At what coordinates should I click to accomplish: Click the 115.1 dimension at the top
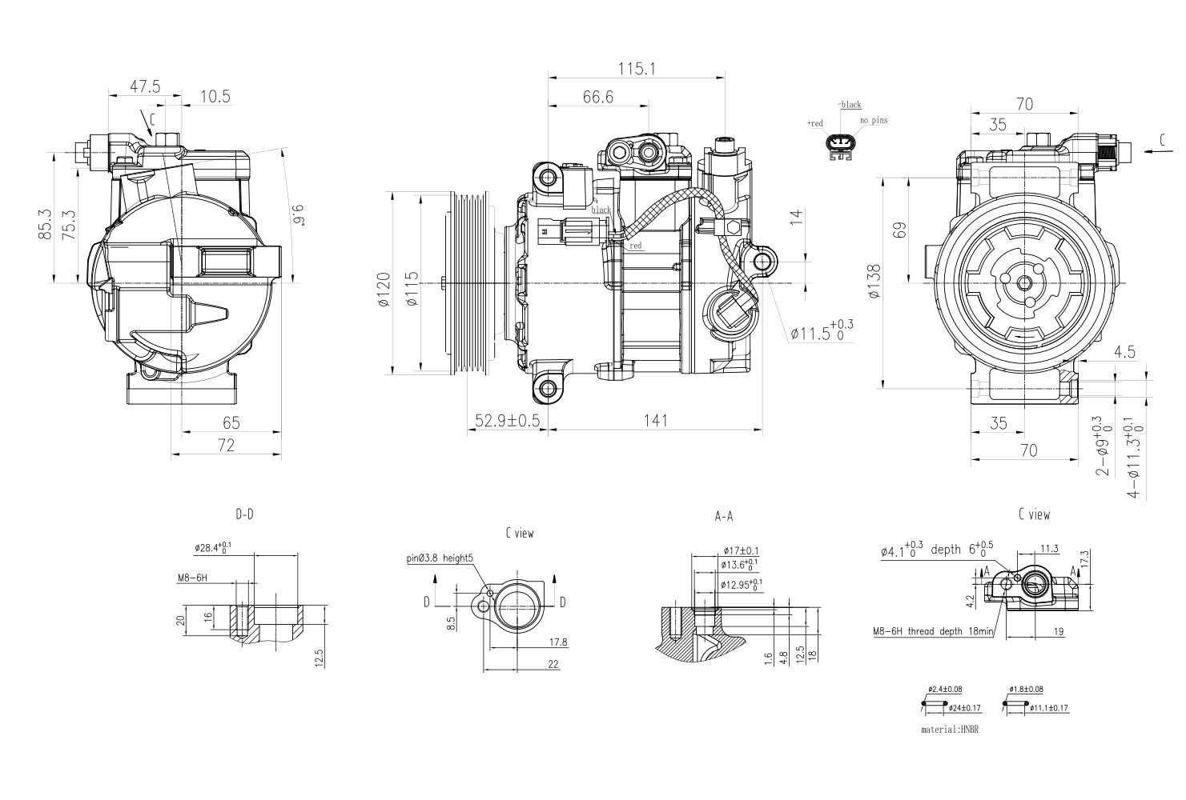click(x=636, y=70)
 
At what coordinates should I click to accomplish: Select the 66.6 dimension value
click(x=597, y=97)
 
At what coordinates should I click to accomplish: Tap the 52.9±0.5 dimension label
click(x=507, y=421)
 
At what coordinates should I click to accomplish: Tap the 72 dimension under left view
click(x=226, y=446)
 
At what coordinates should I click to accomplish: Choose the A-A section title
click(x=723, y=518)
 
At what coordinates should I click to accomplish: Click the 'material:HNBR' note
click(x=951, y=730)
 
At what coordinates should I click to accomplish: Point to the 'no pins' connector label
click(x=874, y=121)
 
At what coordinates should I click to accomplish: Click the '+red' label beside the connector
click(x=815, y=123)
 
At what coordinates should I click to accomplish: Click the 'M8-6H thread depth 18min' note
click(x=933, y=632)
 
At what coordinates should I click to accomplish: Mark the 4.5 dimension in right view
click(x=1124, y=351)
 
